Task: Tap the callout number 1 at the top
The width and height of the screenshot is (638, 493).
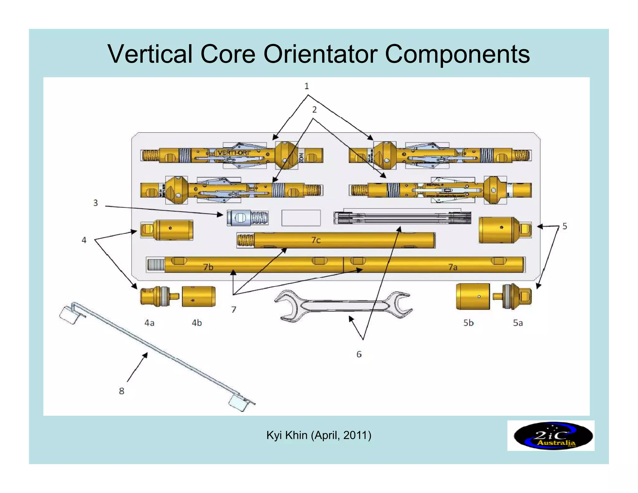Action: [x=307, y=86]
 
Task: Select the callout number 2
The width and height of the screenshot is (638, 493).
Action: [x=314, y=110]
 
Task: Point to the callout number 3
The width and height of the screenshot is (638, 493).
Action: [x=96, y=203]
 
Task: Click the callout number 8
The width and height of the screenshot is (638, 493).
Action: [x=121, y=391]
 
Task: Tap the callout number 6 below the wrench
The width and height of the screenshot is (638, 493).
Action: [x=359, y=354]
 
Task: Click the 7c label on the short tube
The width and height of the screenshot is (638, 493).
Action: [x=316, y=240]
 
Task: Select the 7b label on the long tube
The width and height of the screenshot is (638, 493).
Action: [x=208, y=267]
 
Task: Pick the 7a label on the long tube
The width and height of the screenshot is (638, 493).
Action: [x=453, y=267]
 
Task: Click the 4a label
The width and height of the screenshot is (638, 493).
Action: [x=149, y=323]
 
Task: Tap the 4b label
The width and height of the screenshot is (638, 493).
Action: [x=197, y=323]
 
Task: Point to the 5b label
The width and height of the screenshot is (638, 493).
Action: [x=468, y=323]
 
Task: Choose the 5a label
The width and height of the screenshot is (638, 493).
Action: [x=518, y=323]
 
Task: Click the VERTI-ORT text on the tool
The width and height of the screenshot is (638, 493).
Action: [x=234, y=153]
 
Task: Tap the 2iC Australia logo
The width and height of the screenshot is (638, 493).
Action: [x=550, y=436]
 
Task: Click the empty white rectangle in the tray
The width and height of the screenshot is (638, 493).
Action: [x=301, y=218]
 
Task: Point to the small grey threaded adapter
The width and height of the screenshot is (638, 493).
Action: [x=248, y=218]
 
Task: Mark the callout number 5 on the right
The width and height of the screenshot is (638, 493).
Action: [x=564, y=226]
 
